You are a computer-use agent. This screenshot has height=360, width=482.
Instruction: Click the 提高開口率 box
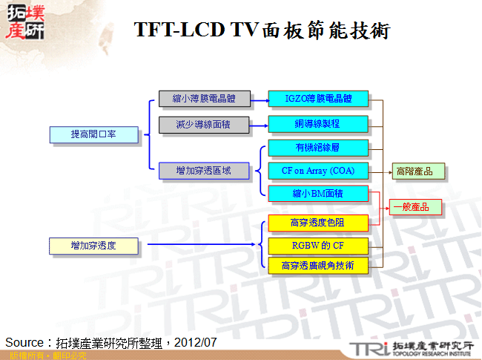(93, 134)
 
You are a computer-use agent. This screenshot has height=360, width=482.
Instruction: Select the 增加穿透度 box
(93, 245)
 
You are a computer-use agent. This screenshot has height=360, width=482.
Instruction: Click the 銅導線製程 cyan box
(318, 123)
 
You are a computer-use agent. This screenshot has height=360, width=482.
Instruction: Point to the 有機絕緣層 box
(318, 148)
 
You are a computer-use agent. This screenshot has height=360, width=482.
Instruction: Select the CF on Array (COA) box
(318, 171)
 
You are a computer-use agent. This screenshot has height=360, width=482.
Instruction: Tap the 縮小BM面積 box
(318, 194)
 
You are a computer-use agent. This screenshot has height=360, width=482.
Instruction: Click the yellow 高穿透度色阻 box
(318, 222)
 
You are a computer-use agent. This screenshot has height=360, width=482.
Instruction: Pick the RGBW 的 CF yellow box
(318, 244)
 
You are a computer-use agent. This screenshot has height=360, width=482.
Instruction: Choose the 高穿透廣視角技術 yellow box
(318, 265)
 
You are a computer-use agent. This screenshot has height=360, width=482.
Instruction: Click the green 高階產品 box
(419, 171)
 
